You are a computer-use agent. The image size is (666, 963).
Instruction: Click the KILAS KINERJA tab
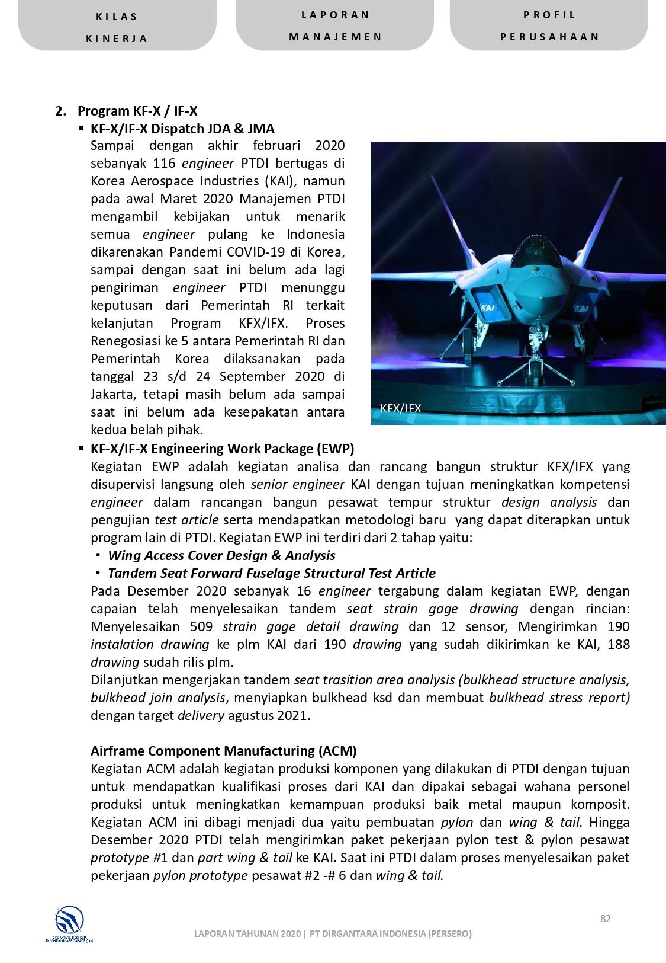click(x=117, y=27)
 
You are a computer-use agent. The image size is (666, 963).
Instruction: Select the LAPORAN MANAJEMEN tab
click(x=335, y=25)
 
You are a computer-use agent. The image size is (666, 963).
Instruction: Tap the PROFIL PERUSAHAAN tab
click(x=549, y=25)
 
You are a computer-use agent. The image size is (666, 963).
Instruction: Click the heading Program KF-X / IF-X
click(x=137, y=111)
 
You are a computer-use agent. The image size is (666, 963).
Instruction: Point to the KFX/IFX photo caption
click(x=400, y=408)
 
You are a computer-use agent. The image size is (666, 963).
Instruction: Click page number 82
click(x=605, y=919)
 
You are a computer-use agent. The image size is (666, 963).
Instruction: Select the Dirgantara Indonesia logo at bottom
click(x=69, y=923)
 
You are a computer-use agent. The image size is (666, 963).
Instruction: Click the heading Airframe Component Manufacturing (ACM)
click(x=223, y=751)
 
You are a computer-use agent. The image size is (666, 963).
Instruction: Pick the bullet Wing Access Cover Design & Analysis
click(x=221, y=555)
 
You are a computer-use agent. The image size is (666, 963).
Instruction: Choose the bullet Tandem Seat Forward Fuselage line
click(x=271, y=573)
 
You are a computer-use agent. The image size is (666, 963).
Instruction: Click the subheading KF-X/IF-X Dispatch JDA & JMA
click(x=182, y=129)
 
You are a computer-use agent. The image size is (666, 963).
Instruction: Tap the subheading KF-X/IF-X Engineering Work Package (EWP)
click(x=222, y=449)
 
